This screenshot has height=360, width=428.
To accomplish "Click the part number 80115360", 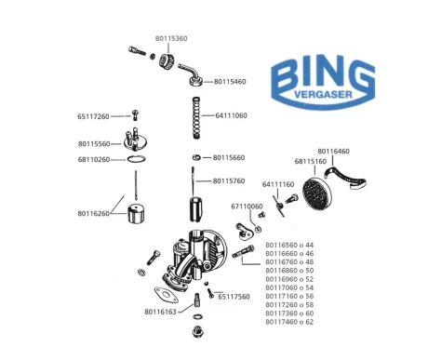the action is [171, 38].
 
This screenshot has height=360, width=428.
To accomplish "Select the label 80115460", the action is [230, 82].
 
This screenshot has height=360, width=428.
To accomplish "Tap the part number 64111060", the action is [231, 115].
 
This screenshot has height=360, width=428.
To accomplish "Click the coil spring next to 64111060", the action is [196, 118].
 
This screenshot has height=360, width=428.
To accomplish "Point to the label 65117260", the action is [93, 116].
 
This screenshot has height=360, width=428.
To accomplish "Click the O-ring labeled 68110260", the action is [136, 159].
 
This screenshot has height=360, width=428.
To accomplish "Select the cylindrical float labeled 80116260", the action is [137, 214].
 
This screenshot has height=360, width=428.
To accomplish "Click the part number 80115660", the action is [229, 158].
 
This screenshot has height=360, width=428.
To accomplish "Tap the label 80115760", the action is [229, 181].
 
